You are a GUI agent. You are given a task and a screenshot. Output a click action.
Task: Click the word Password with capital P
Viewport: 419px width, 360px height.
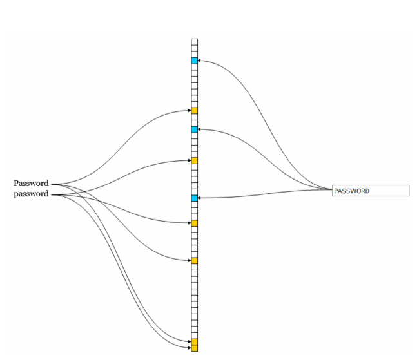tap(31, 184)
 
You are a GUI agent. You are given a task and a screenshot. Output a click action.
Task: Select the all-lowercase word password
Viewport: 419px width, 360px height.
tap(31, 194)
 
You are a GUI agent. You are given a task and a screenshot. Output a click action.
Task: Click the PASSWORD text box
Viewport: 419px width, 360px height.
tap(370, 191)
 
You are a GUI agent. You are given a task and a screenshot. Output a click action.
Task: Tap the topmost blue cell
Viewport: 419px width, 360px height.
tap(195, 61)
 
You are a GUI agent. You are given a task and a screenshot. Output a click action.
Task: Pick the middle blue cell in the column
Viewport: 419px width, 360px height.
tap(195, 129)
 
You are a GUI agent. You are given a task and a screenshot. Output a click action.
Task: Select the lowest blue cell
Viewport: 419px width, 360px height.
tap(195, 198)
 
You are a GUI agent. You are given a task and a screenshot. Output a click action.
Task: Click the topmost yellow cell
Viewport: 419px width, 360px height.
tap(195, 111)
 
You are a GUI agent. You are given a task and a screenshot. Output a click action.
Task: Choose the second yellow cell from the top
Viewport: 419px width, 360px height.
tap(195, 160)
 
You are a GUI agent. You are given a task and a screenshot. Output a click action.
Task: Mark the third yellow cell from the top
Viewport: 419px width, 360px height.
tap(195, 223)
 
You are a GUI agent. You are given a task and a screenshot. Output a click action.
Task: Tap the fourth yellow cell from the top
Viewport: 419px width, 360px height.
tap(195, 261)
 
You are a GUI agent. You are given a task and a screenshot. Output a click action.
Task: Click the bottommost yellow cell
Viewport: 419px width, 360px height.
tap(195, 348)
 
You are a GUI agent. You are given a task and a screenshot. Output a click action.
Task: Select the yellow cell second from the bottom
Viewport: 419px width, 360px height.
tap(195, 341)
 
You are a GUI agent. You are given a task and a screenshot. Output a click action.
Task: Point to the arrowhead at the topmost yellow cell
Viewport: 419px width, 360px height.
tap(188, 111)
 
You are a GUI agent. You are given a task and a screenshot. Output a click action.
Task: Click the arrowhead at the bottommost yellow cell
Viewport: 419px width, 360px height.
tap(188, 348)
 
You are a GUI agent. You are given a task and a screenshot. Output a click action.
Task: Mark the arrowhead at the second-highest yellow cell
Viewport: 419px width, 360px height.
tap(188, 160)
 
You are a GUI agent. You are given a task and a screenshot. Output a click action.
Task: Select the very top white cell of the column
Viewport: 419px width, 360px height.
tap(195, 42)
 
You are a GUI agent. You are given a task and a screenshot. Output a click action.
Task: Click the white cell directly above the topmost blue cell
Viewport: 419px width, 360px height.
tap(195, 54)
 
